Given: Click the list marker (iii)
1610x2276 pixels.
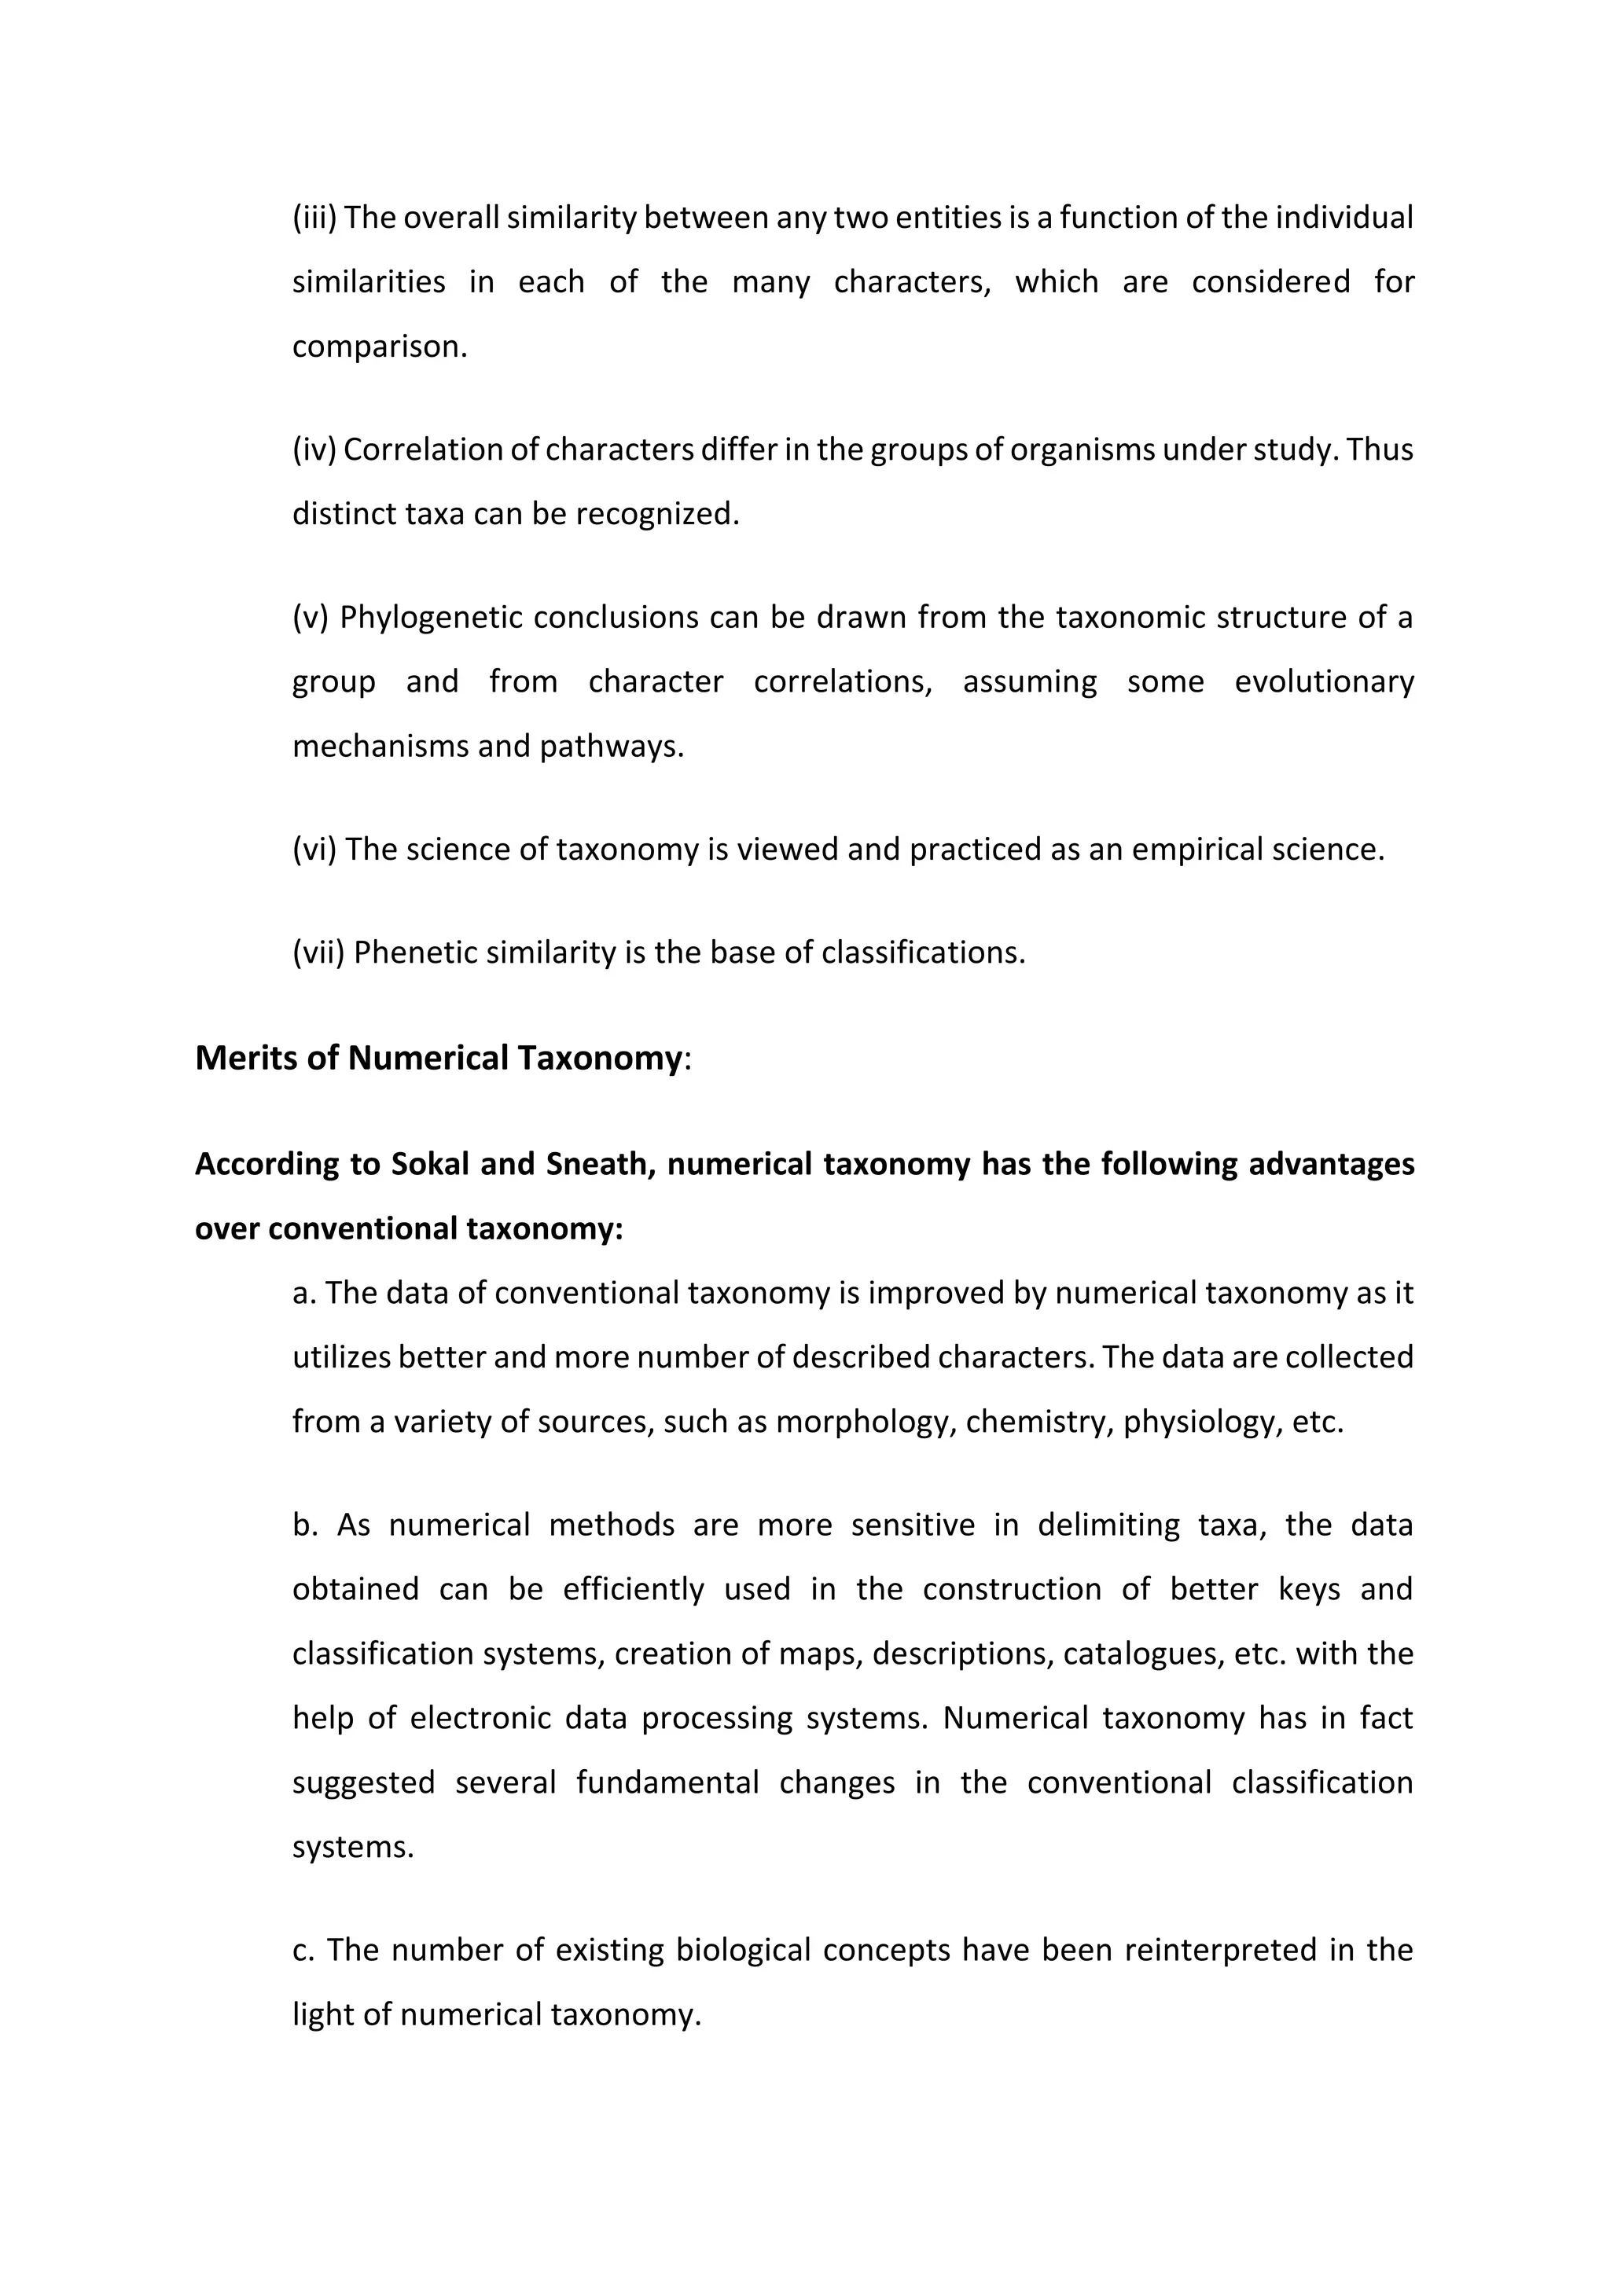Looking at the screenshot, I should tap(314, 217).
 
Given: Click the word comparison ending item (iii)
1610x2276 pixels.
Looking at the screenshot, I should tap(379, 346).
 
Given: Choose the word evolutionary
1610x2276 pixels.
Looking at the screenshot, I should tap(1324, 682).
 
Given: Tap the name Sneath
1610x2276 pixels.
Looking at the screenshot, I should tap(600, 1163).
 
